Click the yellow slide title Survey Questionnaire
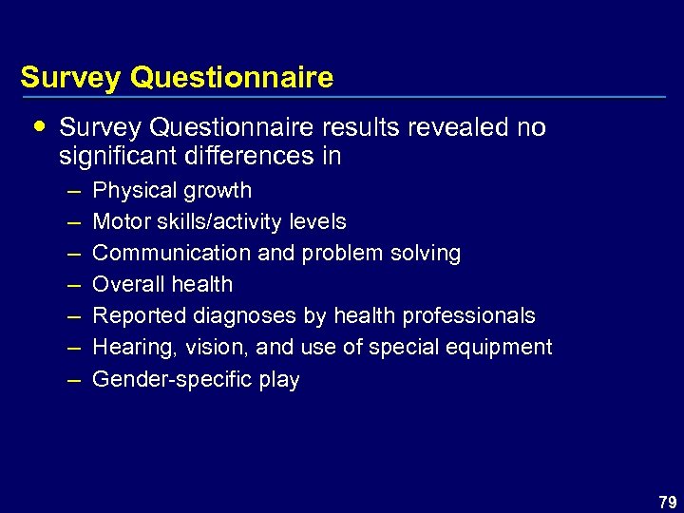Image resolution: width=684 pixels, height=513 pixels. coord(177,77)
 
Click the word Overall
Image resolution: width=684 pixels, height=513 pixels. coord(125,284)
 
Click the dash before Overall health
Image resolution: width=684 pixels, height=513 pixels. coord(74,284)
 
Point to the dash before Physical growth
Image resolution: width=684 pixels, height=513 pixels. coord(74,190)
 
